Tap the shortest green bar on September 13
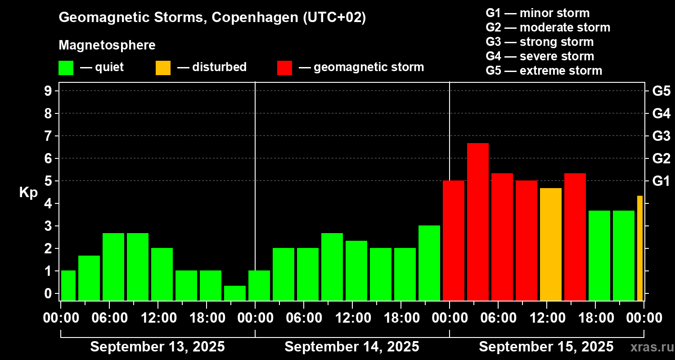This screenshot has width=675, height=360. [x=235, y=293]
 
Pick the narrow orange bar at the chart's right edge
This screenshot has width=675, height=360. [x=640, y=248]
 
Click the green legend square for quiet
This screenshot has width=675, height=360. [x=66, y=67]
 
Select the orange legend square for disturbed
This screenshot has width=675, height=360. [x=163, y=67]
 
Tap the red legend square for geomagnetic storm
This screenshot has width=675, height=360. [x=284, y=67]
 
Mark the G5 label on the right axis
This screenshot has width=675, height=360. [x=661, y=91]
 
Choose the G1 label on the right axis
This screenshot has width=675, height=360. [x=661, y=181]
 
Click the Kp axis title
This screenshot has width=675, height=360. [x=28, y=192]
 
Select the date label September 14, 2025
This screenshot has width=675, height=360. [x=352, y=346]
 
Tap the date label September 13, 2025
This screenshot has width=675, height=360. [x=157, y=346]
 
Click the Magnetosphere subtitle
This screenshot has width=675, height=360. [x=107, y=45]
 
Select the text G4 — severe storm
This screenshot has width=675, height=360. [x=540, y=56]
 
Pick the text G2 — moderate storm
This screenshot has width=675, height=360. [x=548, y=27]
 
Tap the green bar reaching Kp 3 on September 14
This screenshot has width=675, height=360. [x=429, y=263]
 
